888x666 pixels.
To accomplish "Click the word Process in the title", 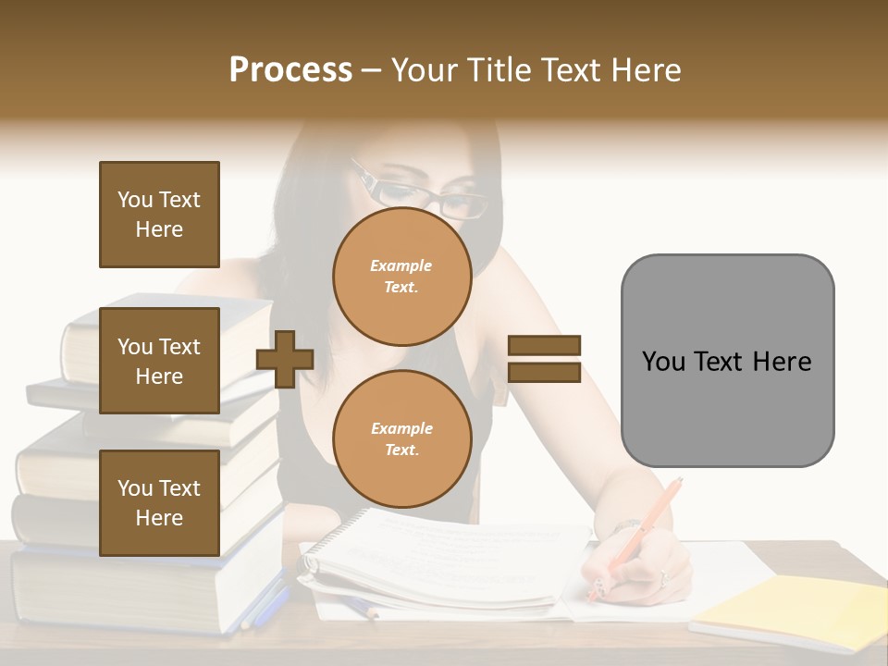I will [x=290, y=70].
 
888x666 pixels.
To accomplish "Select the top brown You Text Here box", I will [x=159, y=215].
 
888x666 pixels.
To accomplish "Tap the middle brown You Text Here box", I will [x=159, y=361].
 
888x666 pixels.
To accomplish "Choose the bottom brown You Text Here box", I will [x=159, y=503].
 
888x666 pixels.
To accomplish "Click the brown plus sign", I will [x=285, y=359].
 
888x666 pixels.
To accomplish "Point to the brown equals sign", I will [x=544, y=359].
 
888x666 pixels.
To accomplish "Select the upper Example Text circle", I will [x=401, y=277].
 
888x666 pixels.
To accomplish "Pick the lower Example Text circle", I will [x=401, y=439].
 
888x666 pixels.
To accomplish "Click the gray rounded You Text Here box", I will [x=727, y=361].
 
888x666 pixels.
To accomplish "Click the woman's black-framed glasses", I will [x=425, y=196].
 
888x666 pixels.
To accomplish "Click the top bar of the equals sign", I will [x=544, y=345].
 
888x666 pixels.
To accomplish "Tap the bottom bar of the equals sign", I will [x=544, y=373].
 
